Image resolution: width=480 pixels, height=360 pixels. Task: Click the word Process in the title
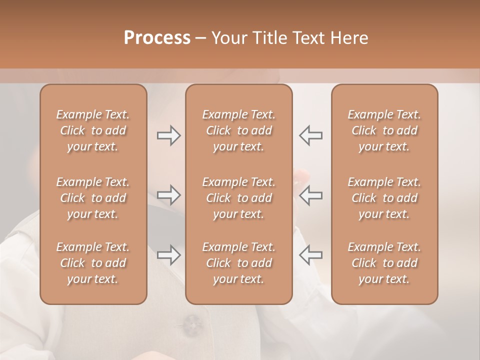point(157,38)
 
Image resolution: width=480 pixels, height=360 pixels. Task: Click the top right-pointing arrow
point(168,135)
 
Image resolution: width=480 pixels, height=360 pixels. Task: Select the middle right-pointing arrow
point(168,195)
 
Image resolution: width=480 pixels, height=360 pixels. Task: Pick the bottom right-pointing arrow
point(168,255)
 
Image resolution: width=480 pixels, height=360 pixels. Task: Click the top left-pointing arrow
point(310,135)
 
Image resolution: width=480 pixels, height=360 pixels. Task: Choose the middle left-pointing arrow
point(310,195)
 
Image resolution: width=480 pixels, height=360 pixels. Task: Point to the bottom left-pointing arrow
point(310,255)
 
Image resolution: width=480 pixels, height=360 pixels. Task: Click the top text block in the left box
point(93,130)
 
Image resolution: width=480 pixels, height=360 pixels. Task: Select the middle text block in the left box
point(93,198)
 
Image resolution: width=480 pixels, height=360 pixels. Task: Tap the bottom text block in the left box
point(93,263)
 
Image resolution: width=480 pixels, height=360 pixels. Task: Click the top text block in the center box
point(238,130)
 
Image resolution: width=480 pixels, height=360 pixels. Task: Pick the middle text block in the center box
point(238,198)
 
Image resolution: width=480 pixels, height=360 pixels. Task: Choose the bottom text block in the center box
point(238,263)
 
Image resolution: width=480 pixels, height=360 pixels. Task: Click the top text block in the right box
point(384,130)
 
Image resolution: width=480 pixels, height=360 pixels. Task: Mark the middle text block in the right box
point(384,198)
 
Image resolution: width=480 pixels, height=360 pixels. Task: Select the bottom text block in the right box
point(384,263)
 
